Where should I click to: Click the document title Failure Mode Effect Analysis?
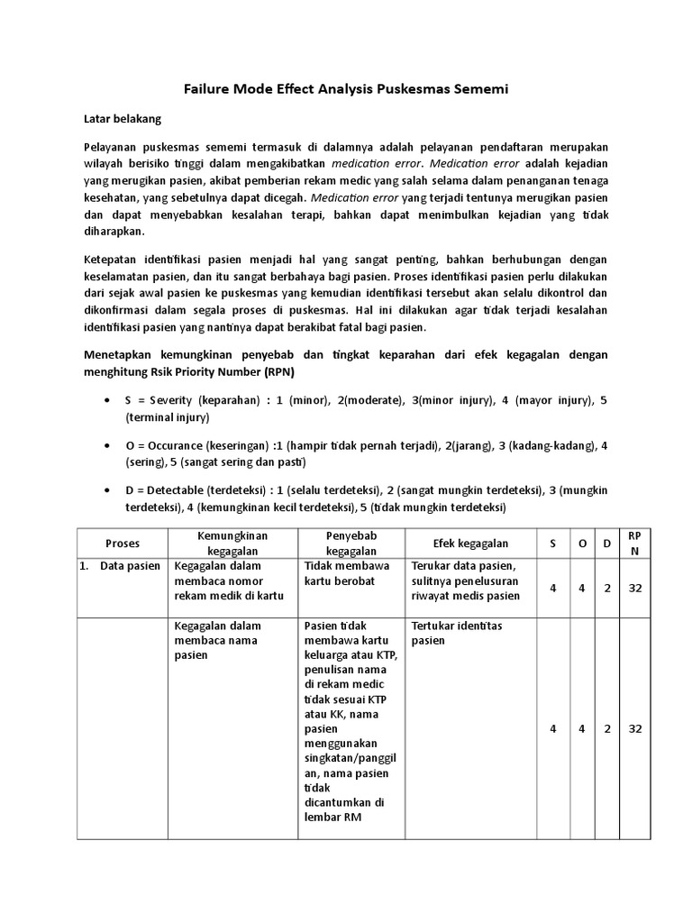(346, 88)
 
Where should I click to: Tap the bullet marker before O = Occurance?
(108, 445)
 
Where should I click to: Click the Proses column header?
(123, 544)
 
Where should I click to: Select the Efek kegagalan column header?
(459, 544)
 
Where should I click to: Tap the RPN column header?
(634, 544)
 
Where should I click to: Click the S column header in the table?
(553, 544)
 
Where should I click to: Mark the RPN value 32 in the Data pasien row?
(634, 588)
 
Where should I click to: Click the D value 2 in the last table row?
(607, 728)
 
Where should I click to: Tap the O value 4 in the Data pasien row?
(581, 588)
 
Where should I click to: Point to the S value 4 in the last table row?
(553, 728)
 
